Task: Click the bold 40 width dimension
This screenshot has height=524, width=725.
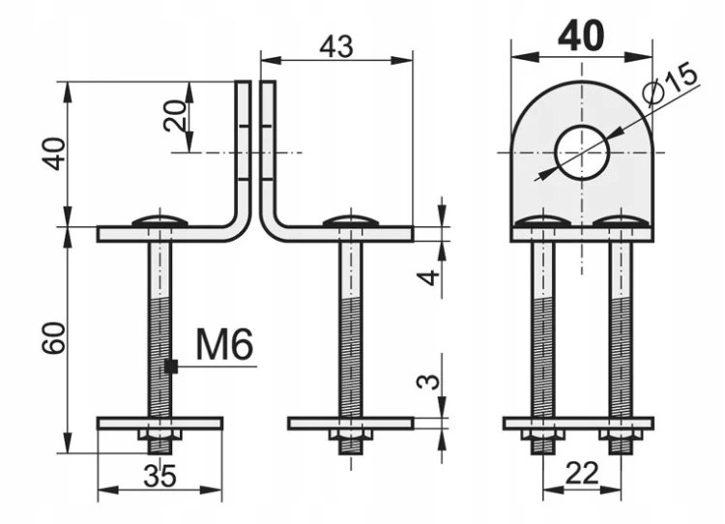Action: [581, 35]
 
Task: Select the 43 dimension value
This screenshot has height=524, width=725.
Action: [337, 46]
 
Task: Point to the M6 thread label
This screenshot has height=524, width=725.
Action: [224, 344]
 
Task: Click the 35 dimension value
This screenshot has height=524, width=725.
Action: [159, 476]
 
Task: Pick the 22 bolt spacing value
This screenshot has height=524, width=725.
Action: [582, 474]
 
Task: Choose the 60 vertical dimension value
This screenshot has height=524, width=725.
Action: [53, 338]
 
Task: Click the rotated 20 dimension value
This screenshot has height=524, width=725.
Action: [175, 116]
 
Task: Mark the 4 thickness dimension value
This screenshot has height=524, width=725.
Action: [428, 277]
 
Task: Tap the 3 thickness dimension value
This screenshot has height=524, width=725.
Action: [428, 382]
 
